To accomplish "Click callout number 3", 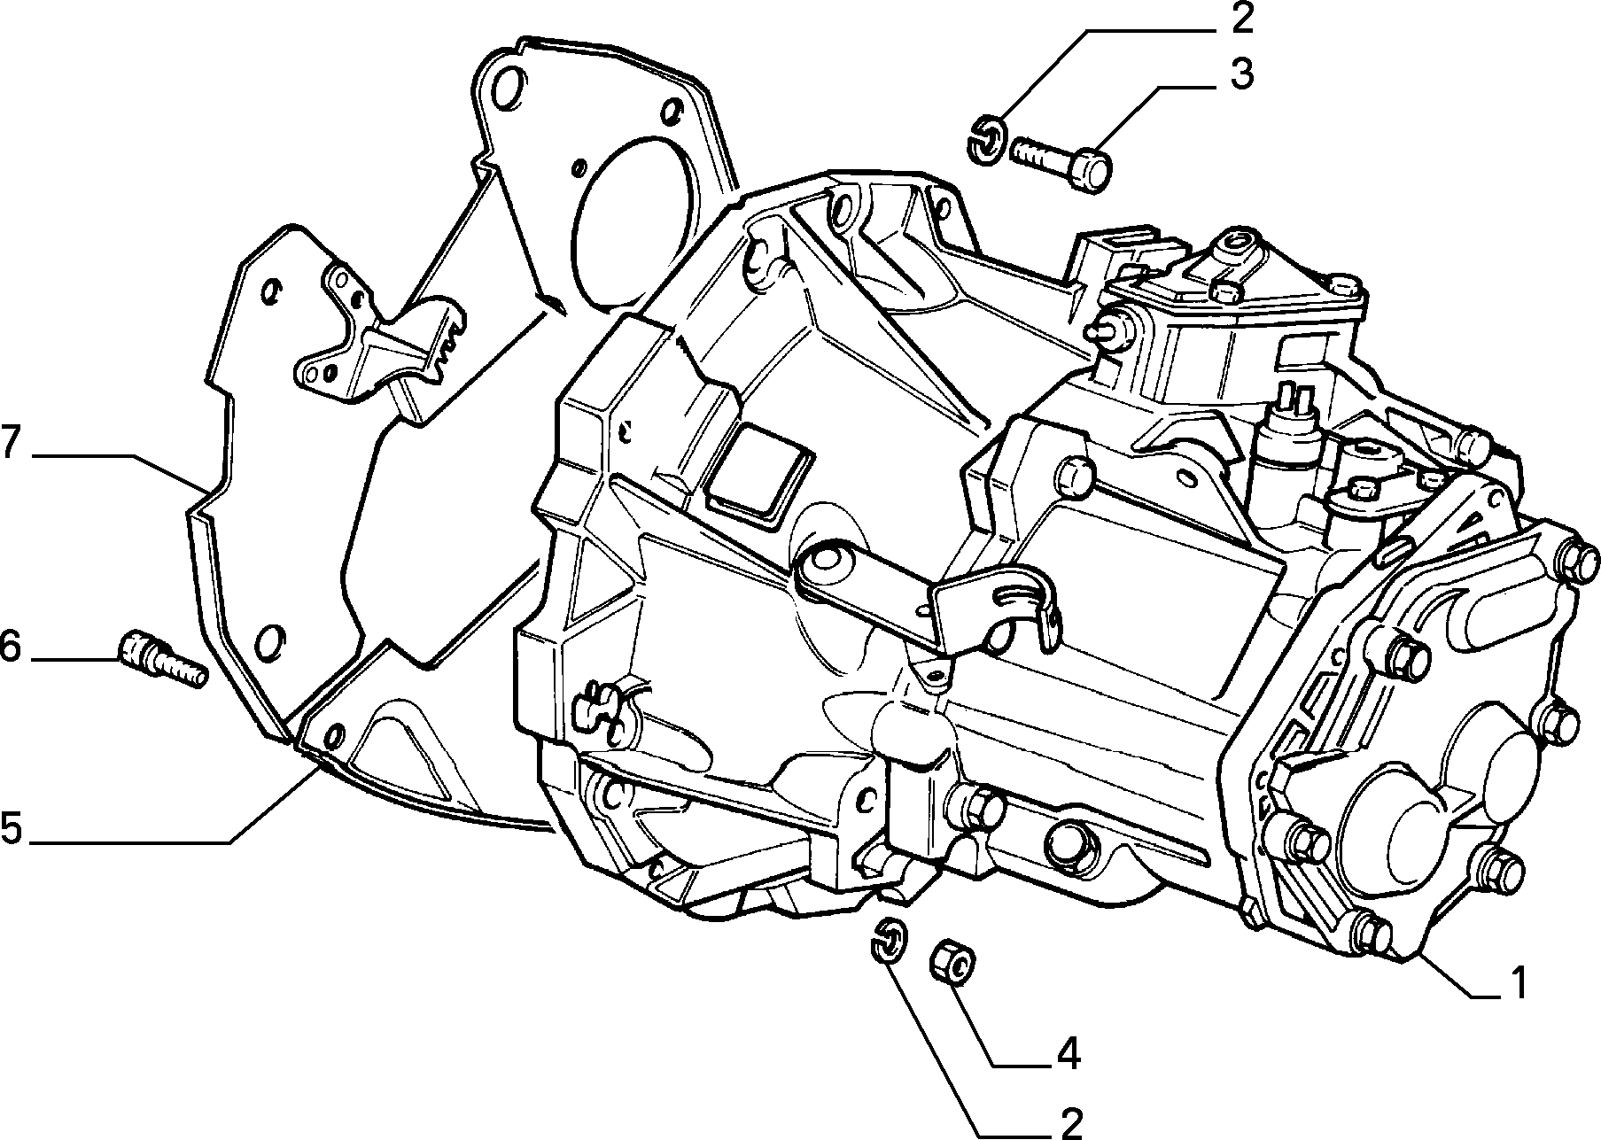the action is point(1242,75).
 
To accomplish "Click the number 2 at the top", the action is point(1242,19).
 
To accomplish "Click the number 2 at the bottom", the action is point(1069,1123).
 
